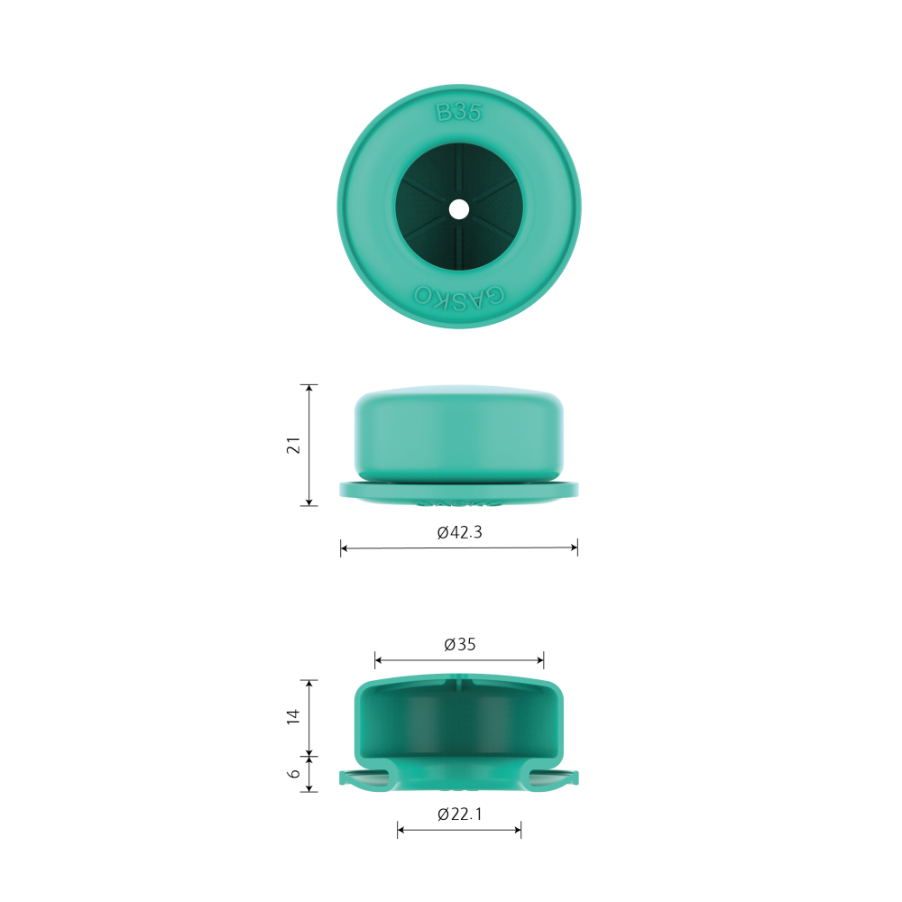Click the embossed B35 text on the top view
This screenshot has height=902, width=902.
click(458, 112)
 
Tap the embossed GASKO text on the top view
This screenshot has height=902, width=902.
click(459, 296)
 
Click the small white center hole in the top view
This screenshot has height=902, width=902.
click(458, 209)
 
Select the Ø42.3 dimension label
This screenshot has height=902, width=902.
click(459, 532)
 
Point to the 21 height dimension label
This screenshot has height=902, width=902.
click(293, 446)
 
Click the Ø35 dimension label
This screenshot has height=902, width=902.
click(460, 644)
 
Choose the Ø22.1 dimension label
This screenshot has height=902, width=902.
click(459, 814)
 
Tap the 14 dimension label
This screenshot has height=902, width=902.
click(293, 716)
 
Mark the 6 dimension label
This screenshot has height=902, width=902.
click(293, 774)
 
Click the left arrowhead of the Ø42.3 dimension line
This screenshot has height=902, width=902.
click(344, 548)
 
